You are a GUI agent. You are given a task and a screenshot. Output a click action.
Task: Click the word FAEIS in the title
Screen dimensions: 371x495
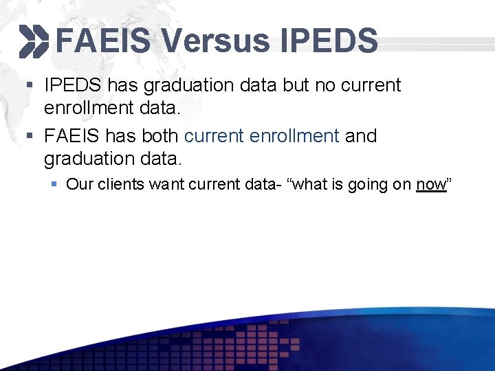pyautogui.click(x=103, y=41)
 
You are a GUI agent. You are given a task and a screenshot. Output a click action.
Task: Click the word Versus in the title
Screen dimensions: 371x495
pyautogui.click(x=216, y=41)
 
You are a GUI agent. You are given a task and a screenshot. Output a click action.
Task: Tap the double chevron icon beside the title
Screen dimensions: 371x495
pyautogui.click(x=34, y=41)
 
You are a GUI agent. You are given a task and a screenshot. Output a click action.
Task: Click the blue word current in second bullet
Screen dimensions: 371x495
pyautogui.click(x=214, y=136)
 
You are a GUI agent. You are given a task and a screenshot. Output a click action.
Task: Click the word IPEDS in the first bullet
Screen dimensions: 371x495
pyautogui.click(x=73, y=86)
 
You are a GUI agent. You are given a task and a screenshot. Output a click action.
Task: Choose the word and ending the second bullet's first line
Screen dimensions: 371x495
pyautogui.click(x=361, y=136)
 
